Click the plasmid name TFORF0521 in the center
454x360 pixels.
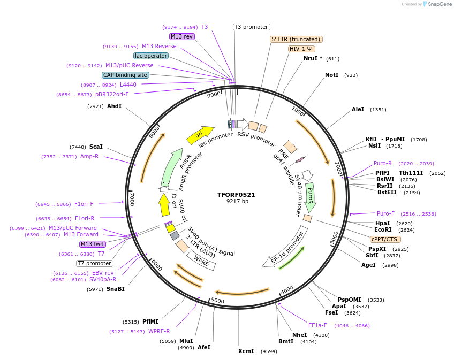(236, 195)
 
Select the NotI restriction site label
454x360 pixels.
(332, 75)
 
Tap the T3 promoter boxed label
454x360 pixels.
(252, 27)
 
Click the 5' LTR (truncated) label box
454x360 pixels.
(296, 39)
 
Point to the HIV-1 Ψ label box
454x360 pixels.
(301, 49)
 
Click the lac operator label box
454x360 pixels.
(151, 56)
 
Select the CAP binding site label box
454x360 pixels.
(125, 75)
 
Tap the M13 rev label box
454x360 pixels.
(181, 36)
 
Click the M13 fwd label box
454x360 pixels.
(92, 244)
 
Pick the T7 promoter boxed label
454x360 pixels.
(94, 263)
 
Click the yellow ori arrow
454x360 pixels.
(199, 135)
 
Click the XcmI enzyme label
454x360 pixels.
(246, 351)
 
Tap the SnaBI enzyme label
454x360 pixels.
(115, 289)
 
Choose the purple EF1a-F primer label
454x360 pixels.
(317, 325)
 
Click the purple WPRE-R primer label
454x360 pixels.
(159, 332)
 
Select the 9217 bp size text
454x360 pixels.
(237, 202)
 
